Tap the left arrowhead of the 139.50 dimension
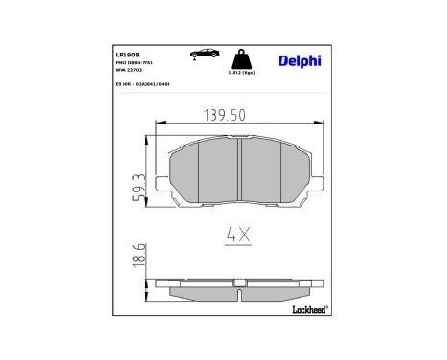click(x=159, y=123)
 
